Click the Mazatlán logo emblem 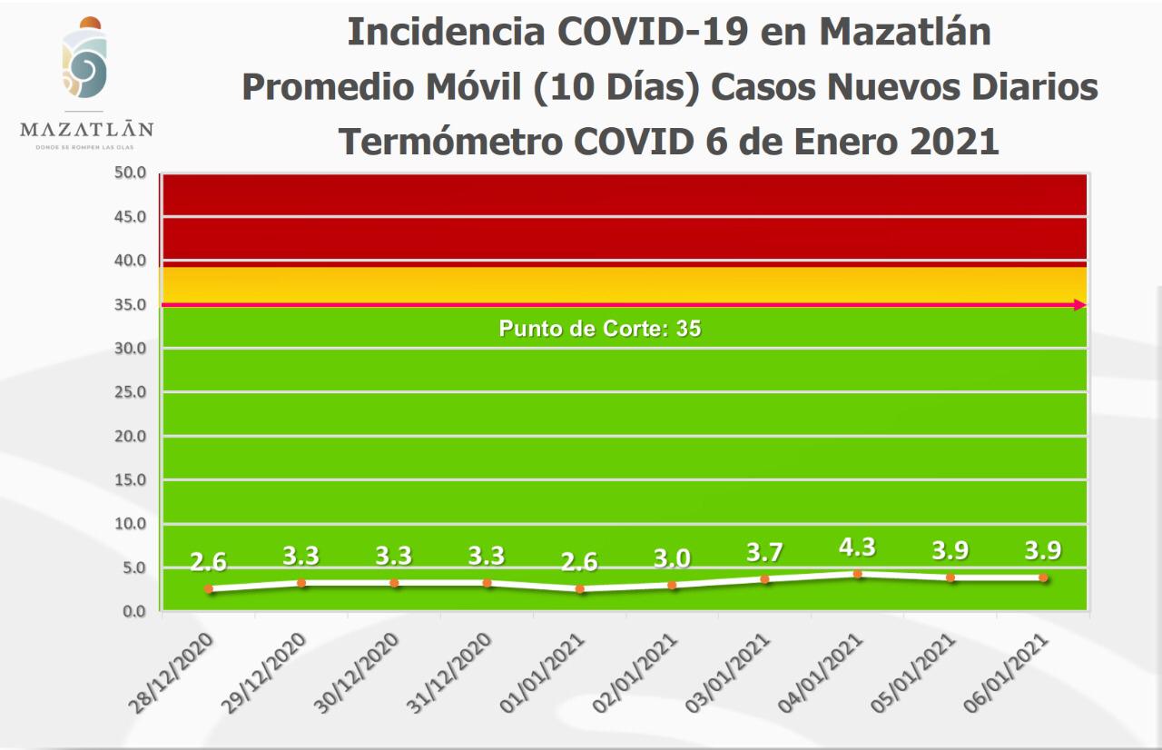point(85,62)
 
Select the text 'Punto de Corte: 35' point(600,329)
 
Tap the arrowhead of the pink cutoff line point(1080,305)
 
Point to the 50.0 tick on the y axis point(130,173)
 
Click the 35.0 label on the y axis point(130,304)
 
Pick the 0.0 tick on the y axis point(133,612)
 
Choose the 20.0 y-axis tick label point(130,436)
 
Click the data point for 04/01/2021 point(857,574)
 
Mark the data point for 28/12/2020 point(209,588)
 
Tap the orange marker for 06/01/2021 point(1043,577)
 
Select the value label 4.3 point(857,548)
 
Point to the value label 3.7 point(764,552)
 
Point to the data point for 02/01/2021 point(672,586)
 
